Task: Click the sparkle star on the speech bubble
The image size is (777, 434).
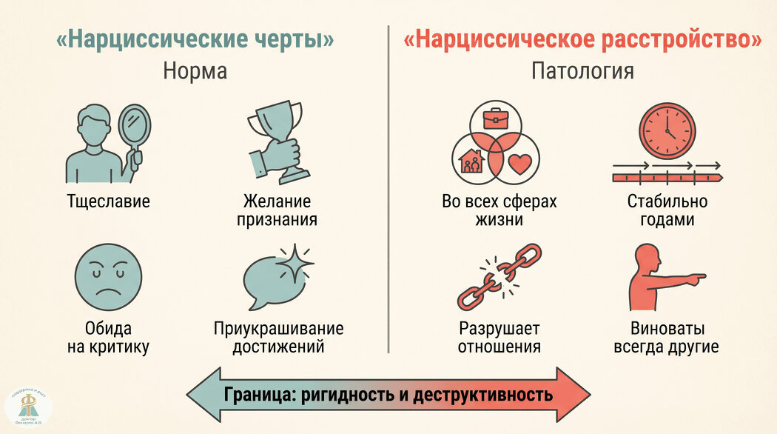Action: point(294,264)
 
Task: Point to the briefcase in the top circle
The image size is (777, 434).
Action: point(495,118)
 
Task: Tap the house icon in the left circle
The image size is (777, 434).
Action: point(472,161)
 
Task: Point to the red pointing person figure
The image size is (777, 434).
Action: point(659,279)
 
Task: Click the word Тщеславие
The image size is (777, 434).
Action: point(108,201)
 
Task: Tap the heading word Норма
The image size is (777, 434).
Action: point(195,72)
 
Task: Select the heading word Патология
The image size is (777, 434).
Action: point(582,72)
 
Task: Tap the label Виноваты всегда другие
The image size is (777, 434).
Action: point(666,338)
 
